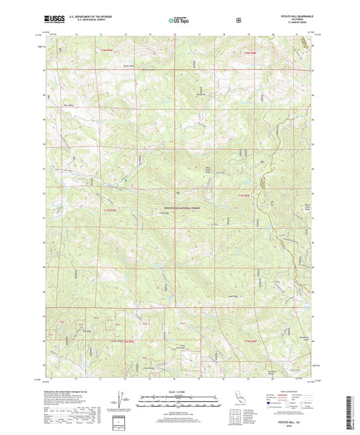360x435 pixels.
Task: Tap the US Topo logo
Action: [179, 21]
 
